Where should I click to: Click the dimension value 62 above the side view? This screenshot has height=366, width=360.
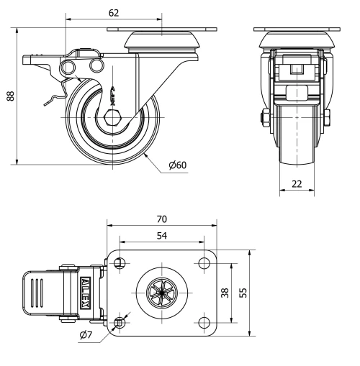(x=114, y=13)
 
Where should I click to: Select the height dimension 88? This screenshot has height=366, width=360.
(x=11, y=96)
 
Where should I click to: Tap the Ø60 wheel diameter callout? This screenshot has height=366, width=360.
(x=177, y=165)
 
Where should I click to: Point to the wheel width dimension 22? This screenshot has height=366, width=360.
(x=297, y=183)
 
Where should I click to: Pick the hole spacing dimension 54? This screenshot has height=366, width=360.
(x=162, y=237)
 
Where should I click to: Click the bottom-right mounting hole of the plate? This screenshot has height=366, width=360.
(x=204, y=323)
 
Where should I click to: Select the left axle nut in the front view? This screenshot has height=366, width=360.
(x=261, y=116)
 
